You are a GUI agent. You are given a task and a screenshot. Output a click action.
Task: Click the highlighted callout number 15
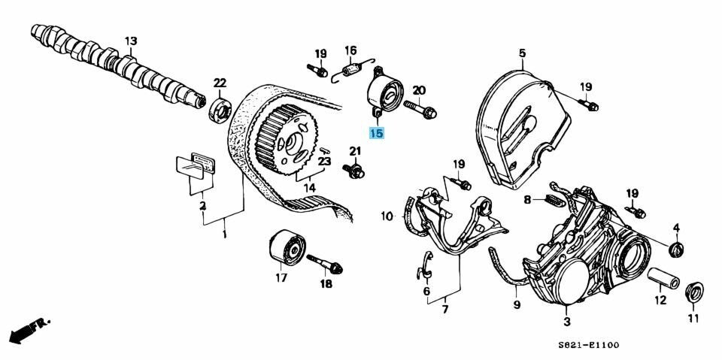pyautogui.click(x=376, y=133)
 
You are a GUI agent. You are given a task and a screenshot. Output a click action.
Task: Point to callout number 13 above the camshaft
pyautogui.click(x=131, y=41)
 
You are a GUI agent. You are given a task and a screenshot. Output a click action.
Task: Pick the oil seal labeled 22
pyautogui.click(x=219, y=111)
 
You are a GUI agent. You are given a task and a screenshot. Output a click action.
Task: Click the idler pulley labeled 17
pyautogui.click(x=287, y=247)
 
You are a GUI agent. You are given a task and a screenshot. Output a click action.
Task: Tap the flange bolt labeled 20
pyautogui.click(x=420, y=110)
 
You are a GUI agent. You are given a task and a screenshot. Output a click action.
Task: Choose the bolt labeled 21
pyautogui.click(x=353, y=171)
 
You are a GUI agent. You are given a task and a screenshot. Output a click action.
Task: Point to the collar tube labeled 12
pyautogui.click(x=663, y=279)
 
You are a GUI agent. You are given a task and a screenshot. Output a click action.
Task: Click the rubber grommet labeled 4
pyautogui.click(x=676, y=249)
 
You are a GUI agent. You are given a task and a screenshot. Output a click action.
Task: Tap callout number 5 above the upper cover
pyautogui.click(x=522, y=53)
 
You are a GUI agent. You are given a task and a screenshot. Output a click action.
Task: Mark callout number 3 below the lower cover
pyautogui.click(x=567, y=321)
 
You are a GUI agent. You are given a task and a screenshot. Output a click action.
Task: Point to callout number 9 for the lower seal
pyautogui.click(x=516, y=304)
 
